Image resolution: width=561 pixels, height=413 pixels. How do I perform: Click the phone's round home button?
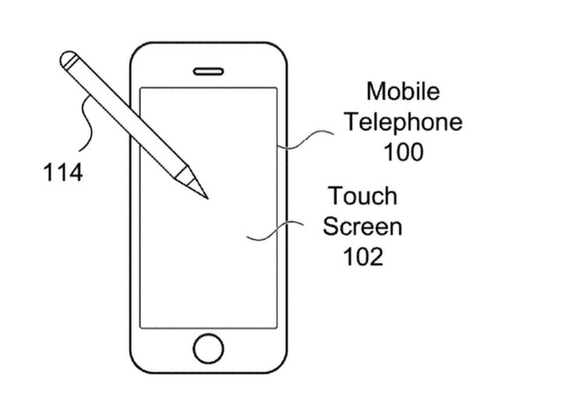pos(208,348)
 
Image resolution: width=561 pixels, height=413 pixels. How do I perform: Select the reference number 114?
pos(62,171)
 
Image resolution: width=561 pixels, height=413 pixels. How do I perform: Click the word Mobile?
pos(403,92)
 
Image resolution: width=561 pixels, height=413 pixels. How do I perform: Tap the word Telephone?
pos(404,122)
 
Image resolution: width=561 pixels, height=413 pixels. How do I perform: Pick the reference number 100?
pos(403,151)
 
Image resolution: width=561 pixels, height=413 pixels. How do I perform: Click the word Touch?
pos(362,196)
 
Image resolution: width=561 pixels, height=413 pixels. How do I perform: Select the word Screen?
pos(362,226)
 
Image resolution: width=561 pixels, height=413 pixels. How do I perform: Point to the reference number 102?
pos(362,256)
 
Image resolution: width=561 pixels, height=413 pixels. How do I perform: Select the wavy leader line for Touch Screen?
pos(273,231)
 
